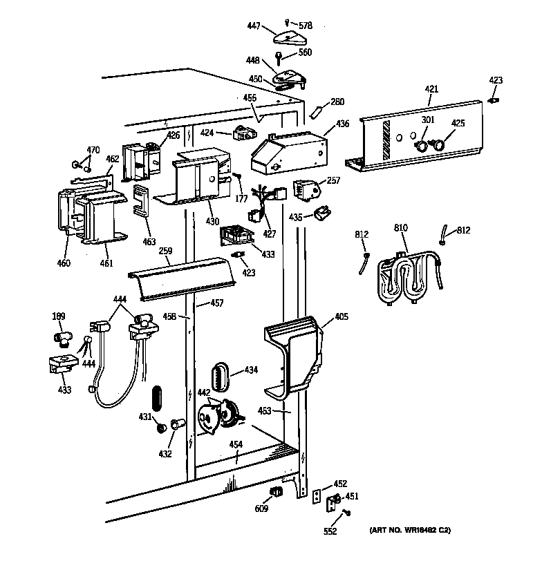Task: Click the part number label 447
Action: coord(253,26)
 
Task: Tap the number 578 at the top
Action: coord(305,26)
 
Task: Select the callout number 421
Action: coord(431,89)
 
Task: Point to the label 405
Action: coord(342,317)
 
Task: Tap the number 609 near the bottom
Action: coord(261,510)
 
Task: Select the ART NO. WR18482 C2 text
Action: coord(410,531)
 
